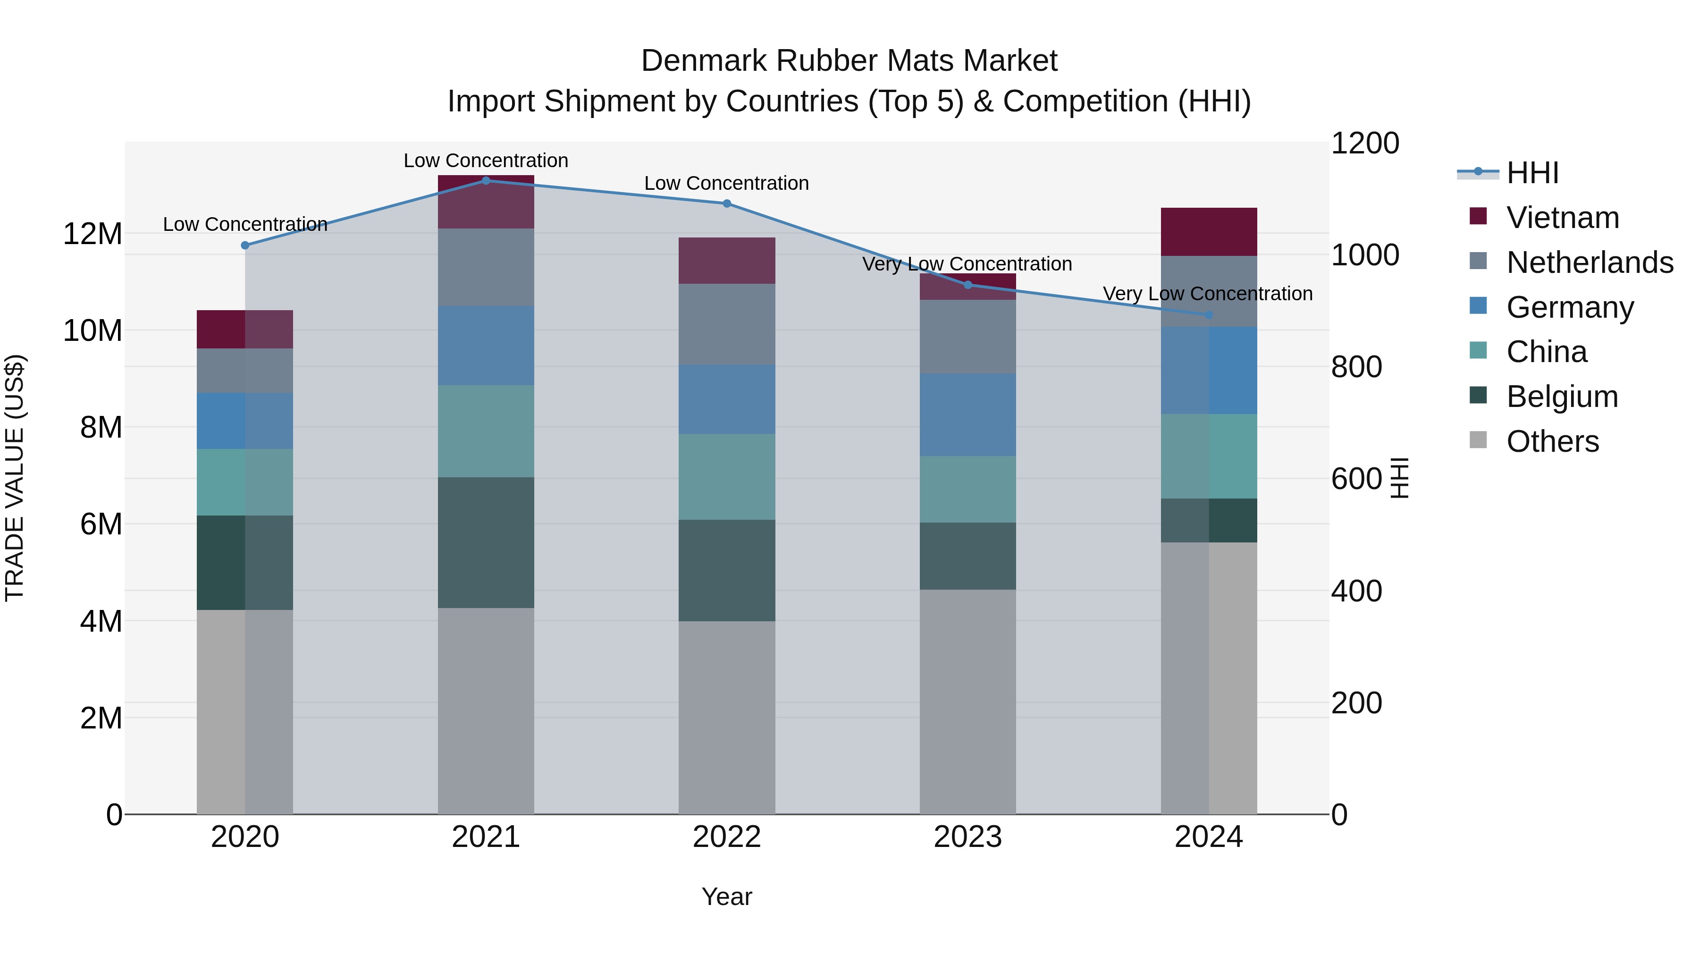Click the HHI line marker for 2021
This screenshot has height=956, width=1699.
(x=486, y=180)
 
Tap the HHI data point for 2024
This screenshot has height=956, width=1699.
(x=1209, y=315)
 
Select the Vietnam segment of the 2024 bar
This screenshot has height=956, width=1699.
(x=1209, y=232)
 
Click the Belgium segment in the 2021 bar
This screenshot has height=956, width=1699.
(x=486, y=542)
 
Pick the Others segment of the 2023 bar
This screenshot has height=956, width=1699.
(x=967, y=702)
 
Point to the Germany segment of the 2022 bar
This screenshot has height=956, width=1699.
(x=727, y=399)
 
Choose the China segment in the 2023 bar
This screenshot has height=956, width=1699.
(x=967, y=489)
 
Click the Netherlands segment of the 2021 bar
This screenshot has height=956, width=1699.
(x=486, y=267)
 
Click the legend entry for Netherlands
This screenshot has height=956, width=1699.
(x=1590, y=262)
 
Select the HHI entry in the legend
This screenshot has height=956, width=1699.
(x=1532, y=173)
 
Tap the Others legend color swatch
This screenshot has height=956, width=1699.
(x=1478, y=440)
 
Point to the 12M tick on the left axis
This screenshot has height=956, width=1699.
(x=93, y=234)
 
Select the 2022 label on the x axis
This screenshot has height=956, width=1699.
(x=727, y=837)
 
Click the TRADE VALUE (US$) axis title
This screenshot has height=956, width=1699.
(x=15, y=478)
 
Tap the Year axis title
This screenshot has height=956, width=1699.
(x=727, y=897)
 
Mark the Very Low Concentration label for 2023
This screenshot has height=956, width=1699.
(x=967, y=264)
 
